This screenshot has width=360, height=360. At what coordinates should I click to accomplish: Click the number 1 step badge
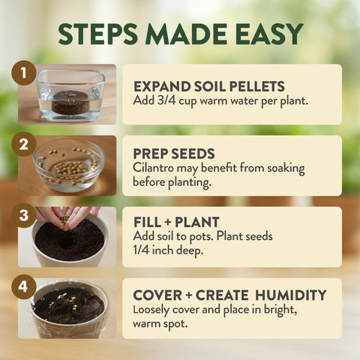(x=24, y=73)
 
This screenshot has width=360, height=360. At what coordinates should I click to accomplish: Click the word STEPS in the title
(x=98, y=34)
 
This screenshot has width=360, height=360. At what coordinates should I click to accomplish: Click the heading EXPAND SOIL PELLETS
(x=208, y=86)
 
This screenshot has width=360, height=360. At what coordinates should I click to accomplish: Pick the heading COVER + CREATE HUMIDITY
(x=229, y=294)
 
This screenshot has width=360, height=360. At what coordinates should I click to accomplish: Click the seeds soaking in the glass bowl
(x=68, y=164)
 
